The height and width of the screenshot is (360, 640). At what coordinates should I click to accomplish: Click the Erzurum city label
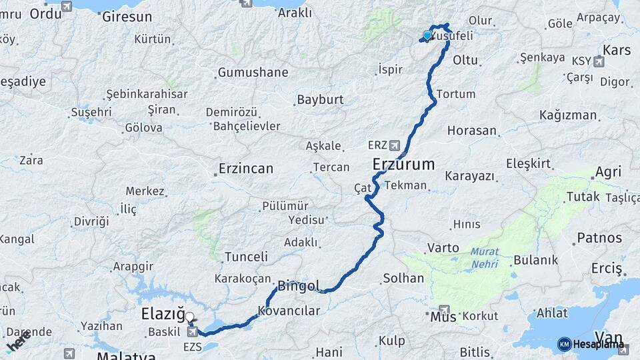(x=403, y=164)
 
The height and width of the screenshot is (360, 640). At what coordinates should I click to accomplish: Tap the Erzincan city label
(x=246, y=169)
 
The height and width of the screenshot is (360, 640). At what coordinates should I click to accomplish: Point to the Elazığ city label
(x=161, y=313)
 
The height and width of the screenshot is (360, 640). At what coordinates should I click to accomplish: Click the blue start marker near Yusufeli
(x=427, y=36)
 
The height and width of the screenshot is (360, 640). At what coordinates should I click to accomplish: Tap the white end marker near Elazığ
(x=189, y=317)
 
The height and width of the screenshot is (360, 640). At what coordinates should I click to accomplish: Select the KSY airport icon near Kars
(x=598, y=62)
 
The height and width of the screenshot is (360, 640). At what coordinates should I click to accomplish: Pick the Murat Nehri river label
(x=485, y=257)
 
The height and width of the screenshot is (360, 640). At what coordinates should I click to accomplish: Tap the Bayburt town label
(x=320, y=100)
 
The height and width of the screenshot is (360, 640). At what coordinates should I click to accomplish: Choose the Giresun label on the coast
(x=127, y=17)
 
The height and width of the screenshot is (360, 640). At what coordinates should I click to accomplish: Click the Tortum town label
(x=456, y=94)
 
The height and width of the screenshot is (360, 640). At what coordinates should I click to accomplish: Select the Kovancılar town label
(x=289, y=311)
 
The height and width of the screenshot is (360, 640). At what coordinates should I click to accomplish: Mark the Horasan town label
(x=472, y=131)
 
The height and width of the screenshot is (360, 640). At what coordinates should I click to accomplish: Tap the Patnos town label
(x=599, y=237)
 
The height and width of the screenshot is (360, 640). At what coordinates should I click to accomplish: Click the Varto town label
(x=443, y=247)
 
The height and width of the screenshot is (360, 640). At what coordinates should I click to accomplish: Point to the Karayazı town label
(x=469, y=176)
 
